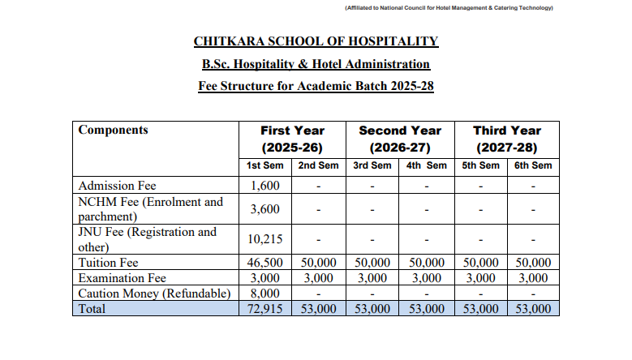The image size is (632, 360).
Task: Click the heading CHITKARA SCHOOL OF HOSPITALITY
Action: point(316,41)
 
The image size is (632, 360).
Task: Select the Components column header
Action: point(113,130)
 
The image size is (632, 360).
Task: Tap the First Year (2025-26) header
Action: point(292,139)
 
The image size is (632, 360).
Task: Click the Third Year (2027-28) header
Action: point(506,139)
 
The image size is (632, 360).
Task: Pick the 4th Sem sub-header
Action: point(426,165)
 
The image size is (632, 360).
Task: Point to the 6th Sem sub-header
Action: point(532,165)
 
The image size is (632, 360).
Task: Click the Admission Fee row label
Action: point(117,186)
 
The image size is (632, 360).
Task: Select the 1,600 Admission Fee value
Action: point(264,186)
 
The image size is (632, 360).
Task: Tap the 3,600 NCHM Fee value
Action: point(264,209)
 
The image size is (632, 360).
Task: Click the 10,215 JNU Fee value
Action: point(264,239)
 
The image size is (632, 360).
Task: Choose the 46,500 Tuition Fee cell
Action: point(264,263)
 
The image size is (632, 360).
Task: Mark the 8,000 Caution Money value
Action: point(264,294)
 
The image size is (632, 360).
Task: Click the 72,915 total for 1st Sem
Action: point(264,309)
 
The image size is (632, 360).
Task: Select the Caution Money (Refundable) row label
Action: point(154,294)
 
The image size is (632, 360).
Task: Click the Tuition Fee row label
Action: point(109,263)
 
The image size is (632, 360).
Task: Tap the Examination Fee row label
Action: point(123,278)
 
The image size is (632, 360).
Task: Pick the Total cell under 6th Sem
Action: point(532,309)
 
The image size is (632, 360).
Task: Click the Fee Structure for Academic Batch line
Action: point(316,86)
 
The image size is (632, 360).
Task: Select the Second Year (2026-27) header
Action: point(399,139)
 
